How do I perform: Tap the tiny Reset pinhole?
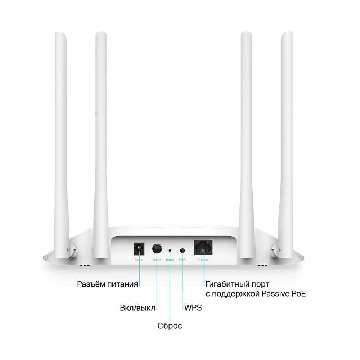[170, 249]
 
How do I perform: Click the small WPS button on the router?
[183, 249]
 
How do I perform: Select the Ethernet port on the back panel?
[203, 247]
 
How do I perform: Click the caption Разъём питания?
[107, 284]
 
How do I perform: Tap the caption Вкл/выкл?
[138, 308]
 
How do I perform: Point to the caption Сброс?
[170, 326]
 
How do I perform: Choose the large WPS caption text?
[193, 308]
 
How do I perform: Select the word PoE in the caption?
[297, 294]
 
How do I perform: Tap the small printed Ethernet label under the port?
[203, 259]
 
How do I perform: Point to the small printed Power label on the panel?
[139, 259]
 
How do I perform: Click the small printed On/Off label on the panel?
[157, 259]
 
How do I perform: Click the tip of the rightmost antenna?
[287, 34]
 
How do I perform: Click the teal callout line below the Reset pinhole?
[170, 288]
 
